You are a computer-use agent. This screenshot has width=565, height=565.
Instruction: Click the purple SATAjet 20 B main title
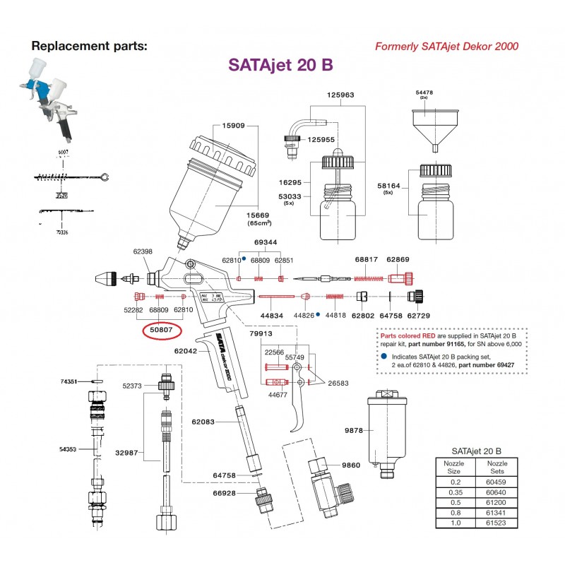(x=280, y=64)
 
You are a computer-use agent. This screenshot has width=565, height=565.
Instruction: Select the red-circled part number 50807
(x=162, y=329)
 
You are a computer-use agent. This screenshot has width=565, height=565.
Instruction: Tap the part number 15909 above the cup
(x=233, y=126)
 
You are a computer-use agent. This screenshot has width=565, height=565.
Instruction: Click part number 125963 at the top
(x=340, y=94)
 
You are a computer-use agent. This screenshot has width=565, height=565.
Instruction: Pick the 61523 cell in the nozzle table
(x=498, y=523)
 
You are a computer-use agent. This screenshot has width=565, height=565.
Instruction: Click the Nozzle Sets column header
(x=498, y=467)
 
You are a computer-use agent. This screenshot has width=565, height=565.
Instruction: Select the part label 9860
(x=352, y=465)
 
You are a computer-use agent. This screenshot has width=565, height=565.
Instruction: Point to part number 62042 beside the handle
(x=183, y=348)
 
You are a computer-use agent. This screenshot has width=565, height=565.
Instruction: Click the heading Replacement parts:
(x=90, y=47)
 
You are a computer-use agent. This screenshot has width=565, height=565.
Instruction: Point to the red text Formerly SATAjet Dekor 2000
(x=445, y=47)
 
